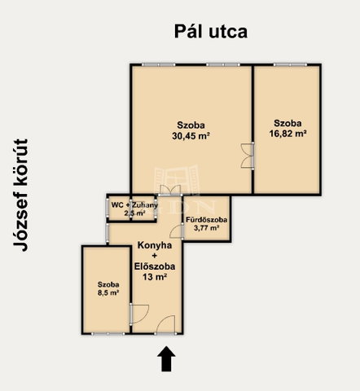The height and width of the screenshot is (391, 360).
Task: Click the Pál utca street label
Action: (x=211, y=32)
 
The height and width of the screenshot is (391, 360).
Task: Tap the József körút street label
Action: (x=20, y=195)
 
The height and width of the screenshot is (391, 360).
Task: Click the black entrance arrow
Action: (x=166, y=358)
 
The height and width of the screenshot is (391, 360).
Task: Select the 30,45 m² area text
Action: (x=191, y=136)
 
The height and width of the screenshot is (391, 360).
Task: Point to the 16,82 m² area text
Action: (x=288, y=134)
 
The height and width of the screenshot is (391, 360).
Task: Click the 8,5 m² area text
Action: (x=108, y=293)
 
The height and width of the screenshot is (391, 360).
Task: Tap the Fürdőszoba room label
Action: (x=207, y=220)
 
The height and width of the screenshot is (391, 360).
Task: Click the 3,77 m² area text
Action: (x=207, y=228)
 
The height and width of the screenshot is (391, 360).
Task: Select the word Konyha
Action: (x=155, y=245)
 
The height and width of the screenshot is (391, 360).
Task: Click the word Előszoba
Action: (x=155, y=266)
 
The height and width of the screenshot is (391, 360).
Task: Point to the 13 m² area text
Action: (x=155, y=277)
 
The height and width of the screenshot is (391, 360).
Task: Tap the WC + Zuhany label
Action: (x=134, y=205)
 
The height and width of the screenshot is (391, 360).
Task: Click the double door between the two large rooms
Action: (x=248, y=156)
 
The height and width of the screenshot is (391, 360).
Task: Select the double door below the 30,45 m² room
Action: (x=170, y=190)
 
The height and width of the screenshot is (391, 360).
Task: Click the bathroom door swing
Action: (x=176, y=231)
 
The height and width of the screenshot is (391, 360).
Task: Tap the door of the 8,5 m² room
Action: (x=139, y=314)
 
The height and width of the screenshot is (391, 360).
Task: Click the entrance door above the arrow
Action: (x=165, y=324)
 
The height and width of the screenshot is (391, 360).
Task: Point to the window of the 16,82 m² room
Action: (x=290, y=65)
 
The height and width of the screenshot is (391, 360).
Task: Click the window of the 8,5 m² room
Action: (x=108, y=333)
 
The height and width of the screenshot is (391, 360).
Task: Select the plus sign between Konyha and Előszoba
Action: (x=155, y=256)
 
